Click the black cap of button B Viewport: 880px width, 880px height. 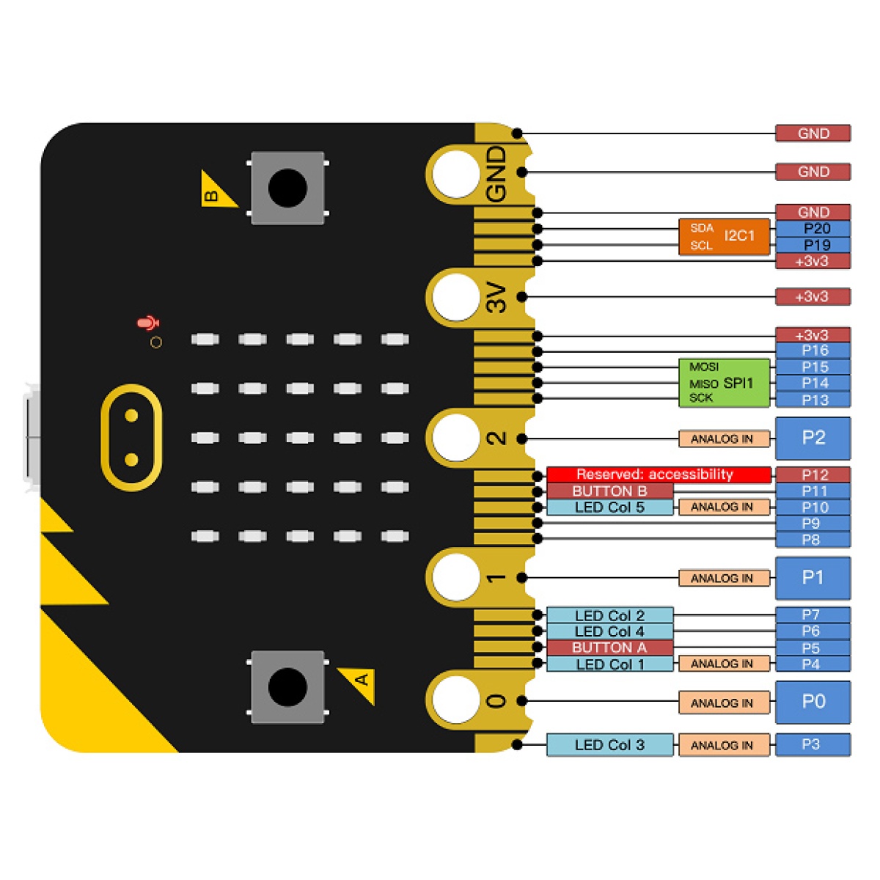[287, 188]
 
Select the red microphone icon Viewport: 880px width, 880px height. [148, 323]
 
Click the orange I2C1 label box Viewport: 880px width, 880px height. [725, 236]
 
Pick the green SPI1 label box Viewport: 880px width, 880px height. [725, 383]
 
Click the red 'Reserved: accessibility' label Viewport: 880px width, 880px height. [658, 474]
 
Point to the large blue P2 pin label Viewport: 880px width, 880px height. [813, 438]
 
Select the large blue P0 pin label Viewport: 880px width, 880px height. [813, 702]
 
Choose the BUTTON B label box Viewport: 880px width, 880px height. [609, 491]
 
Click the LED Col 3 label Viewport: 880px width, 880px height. [609, 745]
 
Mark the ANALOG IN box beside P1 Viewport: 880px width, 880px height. [724, 578]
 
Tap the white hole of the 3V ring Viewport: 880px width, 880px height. [456, 297]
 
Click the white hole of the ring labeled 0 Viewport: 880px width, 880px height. [456, 699]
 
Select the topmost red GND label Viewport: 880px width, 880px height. [813, 133]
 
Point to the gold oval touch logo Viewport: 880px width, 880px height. [131, 437]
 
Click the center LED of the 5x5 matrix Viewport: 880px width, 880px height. [300, 438]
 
